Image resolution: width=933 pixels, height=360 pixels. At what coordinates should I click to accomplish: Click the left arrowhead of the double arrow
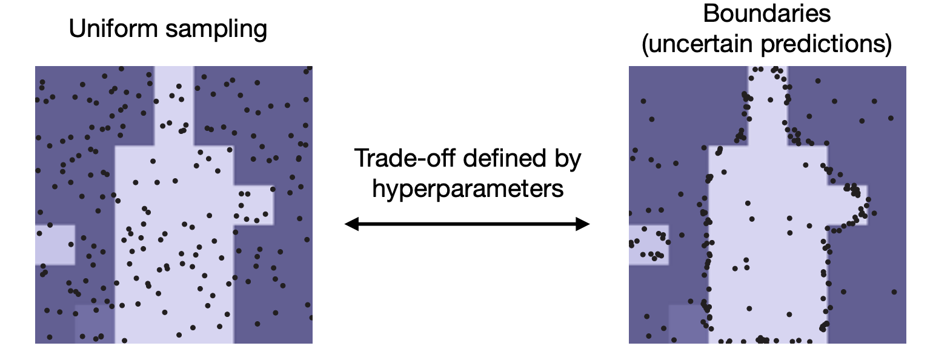[350, 225]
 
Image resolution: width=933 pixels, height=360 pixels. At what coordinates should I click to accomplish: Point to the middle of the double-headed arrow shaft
[467, 225]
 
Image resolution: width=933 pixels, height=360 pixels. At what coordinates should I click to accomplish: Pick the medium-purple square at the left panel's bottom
[95, 324]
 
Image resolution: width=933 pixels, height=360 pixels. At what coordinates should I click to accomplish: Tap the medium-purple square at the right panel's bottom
[688, 324]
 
